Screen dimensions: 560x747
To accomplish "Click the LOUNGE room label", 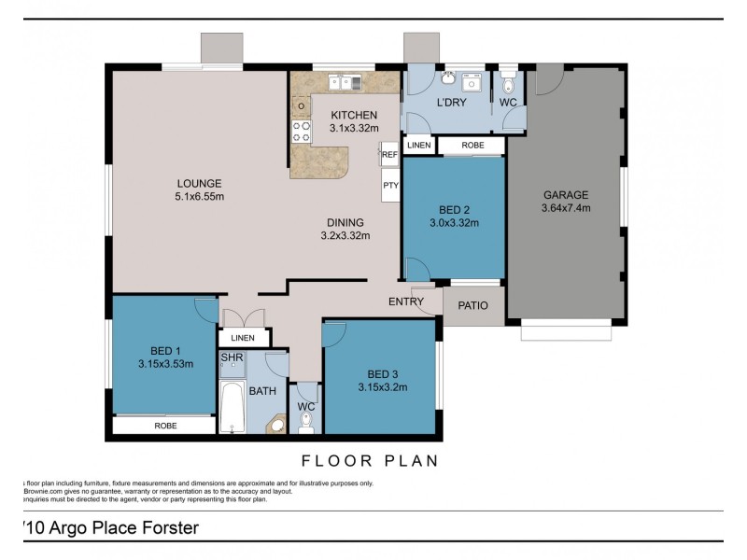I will click(x=200, y=183).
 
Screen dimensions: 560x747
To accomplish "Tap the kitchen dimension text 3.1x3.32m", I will click(x=354, y=128).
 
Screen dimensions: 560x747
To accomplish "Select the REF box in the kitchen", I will click(x=389, y=155).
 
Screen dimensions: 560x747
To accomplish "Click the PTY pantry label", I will click(x=389, y=186).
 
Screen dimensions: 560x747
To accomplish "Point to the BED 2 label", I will click(x=454, y=209).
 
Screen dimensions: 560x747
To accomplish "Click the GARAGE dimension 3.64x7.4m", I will click(x=566, y=208).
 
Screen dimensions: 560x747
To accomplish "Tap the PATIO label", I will click(x=473, y=305).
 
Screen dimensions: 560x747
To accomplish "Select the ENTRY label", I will click(x=406, y=301).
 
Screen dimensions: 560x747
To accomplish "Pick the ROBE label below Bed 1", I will click(x=164, y=426).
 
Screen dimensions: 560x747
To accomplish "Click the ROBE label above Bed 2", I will click(x=472, y=146).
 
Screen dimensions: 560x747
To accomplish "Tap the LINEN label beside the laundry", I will click(x=419, y=146).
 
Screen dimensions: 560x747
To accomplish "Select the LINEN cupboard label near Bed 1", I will click(x=243, y=337).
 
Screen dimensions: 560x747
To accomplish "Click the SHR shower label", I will click(x=232, y=357).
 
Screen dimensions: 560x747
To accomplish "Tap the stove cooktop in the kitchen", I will click(x=302, y=131).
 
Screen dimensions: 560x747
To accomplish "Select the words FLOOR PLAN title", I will click(x=369, y=460).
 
